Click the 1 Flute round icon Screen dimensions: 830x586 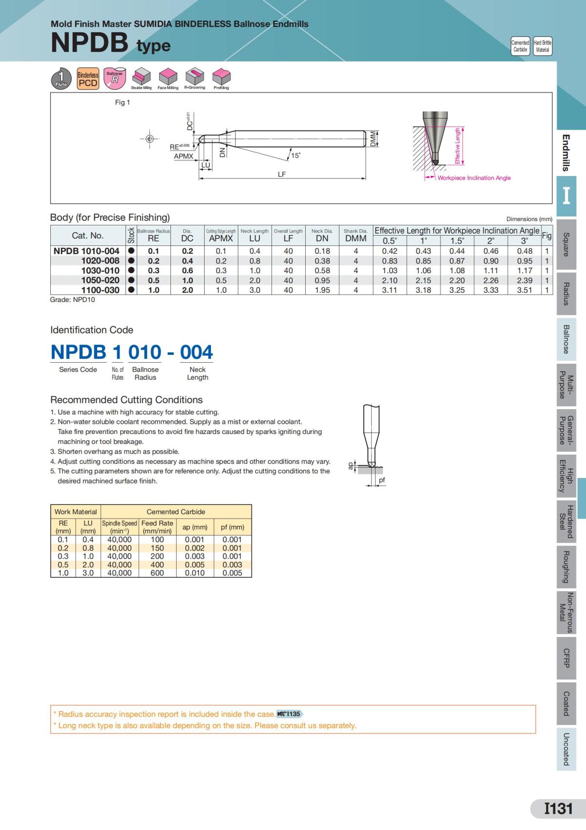61,79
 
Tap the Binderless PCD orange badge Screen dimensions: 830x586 88,79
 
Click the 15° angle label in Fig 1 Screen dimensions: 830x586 296,155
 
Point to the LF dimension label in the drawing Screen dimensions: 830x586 282,174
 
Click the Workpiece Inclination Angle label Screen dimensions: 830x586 474,178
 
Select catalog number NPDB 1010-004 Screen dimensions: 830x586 86,251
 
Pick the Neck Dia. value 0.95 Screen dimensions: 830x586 322,281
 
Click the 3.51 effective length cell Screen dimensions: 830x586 524,290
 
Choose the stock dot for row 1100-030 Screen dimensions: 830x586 131,290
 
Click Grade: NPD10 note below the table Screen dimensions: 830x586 73,300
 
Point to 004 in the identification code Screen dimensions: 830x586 196,352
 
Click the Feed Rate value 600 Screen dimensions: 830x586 157,573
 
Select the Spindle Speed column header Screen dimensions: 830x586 120,526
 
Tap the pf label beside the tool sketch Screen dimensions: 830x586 382,480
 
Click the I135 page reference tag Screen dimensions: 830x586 290,714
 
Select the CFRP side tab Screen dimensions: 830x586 566,658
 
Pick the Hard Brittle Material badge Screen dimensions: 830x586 543,46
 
